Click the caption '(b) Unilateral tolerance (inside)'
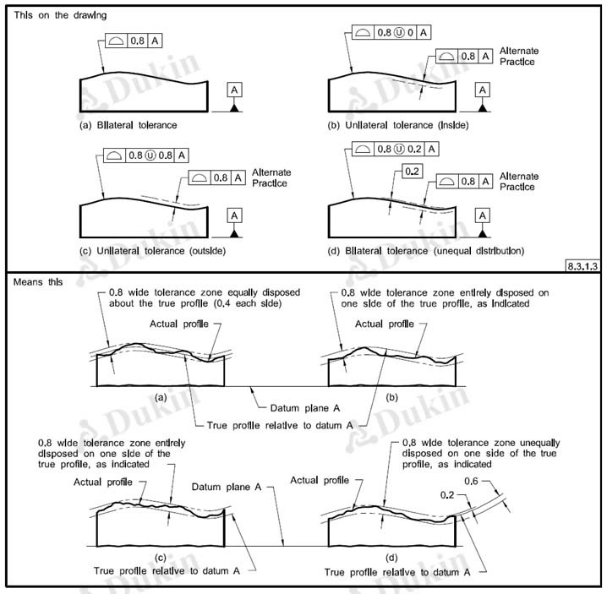pos(396,125)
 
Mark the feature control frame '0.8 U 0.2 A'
pos(396,149)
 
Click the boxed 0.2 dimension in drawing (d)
pos(413,172)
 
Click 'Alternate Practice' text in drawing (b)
pos(519,57)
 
